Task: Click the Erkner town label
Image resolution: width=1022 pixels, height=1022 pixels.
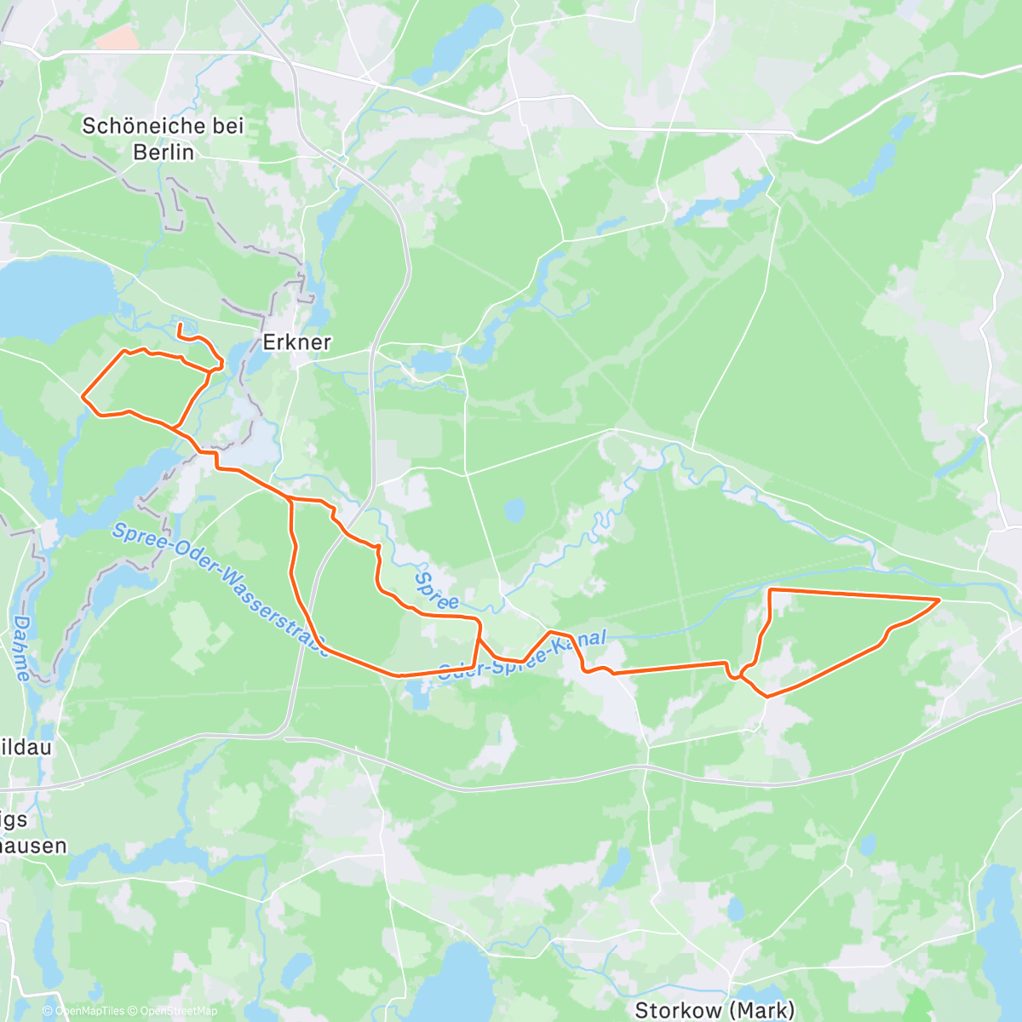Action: pos(296,342)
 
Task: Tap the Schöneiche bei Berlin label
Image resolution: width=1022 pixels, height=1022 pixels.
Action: pos(163,139)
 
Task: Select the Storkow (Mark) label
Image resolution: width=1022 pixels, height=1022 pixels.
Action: pos(715,1009)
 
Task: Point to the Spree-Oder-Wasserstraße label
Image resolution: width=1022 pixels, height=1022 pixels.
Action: pos(221,589)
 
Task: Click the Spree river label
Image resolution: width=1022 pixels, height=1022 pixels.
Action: pos(436,589)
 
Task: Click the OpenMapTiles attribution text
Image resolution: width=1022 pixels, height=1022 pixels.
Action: pos(84,1011)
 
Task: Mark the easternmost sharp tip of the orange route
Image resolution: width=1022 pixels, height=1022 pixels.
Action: pos(939,600)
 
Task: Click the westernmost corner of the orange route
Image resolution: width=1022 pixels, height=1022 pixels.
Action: pos(82,396)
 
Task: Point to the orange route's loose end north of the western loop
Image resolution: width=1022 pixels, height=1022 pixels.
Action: pos(179,324)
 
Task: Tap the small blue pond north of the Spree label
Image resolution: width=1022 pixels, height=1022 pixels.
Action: pos(514,511)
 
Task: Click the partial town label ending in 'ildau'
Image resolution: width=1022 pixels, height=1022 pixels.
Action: pos(29,748)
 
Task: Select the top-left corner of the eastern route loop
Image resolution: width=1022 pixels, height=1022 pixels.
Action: pos(771,589)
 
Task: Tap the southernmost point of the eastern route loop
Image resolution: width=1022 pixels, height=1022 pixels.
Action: pos(767,696)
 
